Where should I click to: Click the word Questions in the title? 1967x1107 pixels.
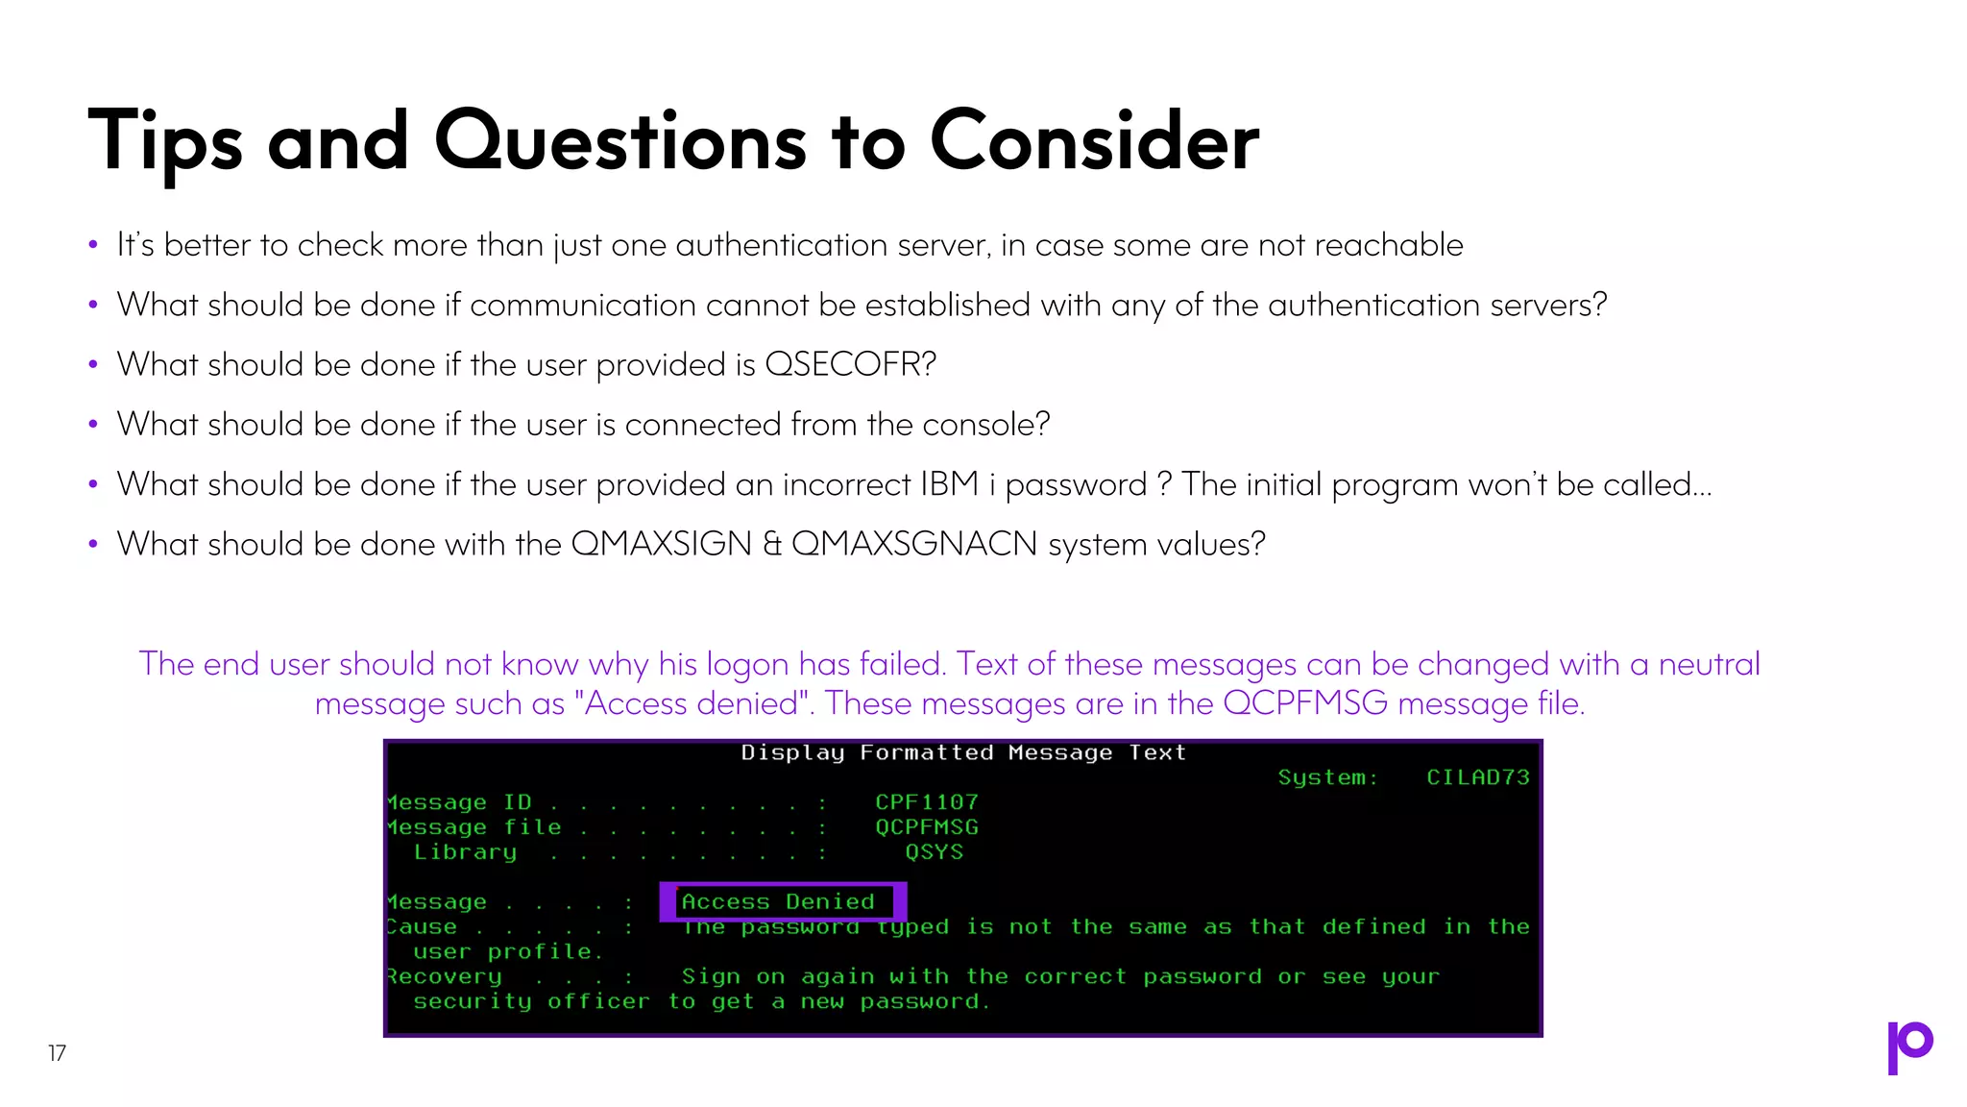pyautogui.click(x=620, y=143)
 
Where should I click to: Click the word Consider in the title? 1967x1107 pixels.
pyautogui.click(x=1094, y=143)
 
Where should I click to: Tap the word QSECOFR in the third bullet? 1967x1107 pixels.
pyautogui.click(x=849, y=365)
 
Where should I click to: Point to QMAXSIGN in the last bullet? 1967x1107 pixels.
pyautogui.click(x=661, y=545)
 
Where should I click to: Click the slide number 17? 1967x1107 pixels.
pyautogui.click(x=57, y=1053)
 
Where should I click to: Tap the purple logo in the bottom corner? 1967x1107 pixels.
pyautogui.click(x=1909, y=1047)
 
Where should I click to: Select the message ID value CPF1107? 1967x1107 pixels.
pyautogui.click(x=926, y=802)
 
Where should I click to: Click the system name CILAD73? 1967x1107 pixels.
pyautogui.click(x=1477, y=777)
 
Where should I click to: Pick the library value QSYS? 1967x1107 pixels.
pyautogui.click(x=934, y=852)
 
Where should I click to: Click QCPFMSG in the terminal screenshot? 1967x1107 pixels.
pyautogui.click(x=926, y=827)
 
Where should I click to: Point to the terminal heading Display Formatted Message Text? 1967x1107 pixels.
pyautogui.click(x=963, y=753)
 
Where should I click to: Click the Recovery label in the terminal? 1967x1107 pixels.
pyautogui.click(x=444, y=976)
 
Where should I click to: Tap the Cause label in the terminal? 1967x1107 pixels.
pyautogui.click(x=423, y=927)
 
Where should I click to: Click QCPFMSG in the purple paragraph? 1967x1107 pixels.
pyautogui.click(x=1304, y=704)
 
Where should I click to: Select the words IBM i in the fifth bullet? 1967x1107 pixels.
pyautogui.click(x=958, y=484)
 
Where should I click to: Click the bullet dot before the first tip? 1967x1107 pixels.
pyautogui.click(x=93, y=245)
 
